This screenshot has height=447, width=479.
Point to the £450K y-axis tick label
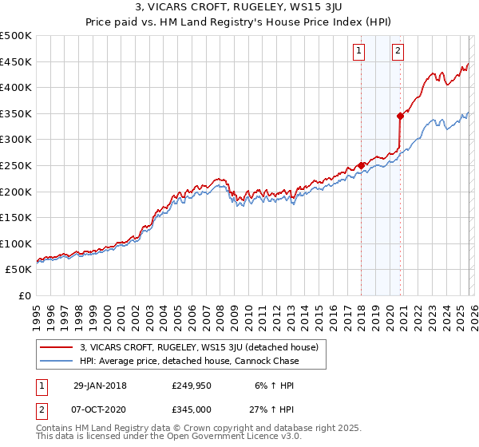pos(16,62)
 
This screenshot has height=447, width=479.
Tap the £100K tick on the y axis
pos(16,243)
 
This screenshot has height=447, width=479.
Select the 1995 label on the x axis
pos(37,311)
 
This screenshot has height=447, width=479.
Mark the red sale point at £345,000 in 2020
pos(400,116)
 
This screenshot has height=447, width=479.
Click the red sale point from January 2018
pos(361,165)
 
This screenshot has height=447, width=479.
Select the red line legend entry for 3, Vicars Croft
pos(199,347)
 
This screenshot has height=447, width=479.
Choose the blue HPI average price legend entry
pos(189,361)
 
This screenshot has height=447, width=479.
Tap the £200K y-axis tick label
pos(16,192)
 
